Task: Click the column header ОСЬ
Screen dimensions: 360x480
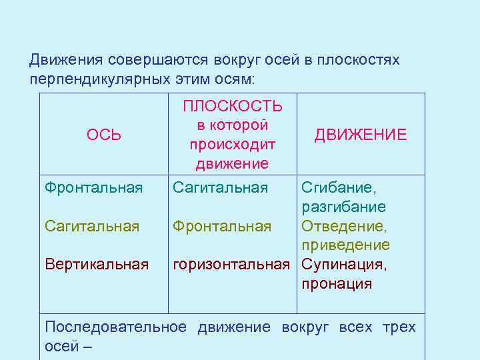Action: tap(103, 135)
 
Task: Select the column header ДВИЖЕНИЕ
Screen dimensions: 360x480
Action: tap(361, 135)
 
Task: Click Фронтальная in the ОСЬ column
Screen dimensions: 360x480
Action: tap(93, 188)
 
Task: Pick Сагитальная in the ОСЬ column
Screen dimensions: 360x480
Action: tap(92, 227)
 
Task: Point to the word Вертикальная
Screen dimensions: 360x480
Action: tap(97, 265)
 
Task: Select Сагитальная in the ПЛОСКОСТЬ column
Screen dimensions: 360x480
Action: tap(220, 188)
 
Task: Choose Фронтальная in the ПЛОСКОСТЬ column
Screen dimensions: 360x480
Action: tap(222, 227)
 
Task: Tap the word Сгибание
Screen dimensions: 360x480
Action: tap(339, 188)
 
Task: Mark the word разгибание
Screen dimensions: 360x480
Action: tap(344, 207)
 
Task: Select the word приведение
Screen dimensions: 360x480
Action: tap(346, 246)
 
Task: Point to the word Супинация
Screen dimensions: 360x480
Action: tap(343, 265)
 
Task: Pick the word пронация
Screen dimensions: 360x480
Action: tap(337, 284)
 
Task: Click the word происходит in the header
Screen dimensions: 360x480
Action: tap(232, 145)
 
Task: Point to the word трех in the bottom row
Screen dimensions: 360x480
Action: tap(400, 327)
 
